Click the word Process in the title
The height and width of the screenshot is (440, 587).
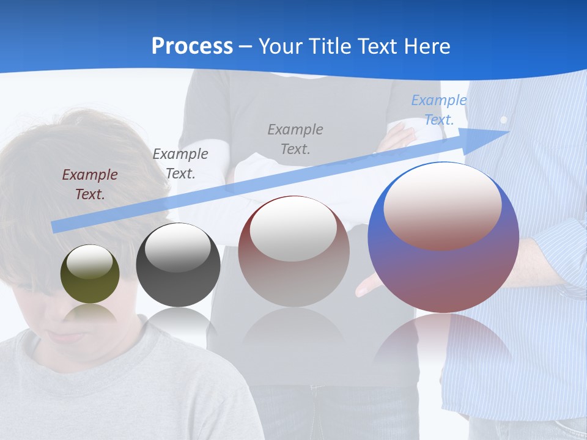[x=192, y=46]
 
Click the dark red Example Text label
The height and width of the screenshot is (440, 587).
[x=90, y=185]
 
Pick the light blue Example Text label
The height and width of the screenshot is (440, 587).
[x=439, y=110]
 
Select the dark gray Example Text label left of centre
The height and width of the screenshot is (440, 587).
[x=180, y=163]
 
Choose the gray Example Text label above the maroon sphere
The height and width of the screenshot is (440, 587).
[x=295, y=139]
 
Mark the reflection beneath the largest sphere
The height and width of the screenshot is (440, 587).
[x=443, y=342]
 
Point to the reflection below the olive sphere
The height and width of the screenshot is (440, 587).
[x=89, y=315]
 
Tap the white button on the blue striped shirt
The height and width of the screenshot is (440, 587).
[x=503, y=120]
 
